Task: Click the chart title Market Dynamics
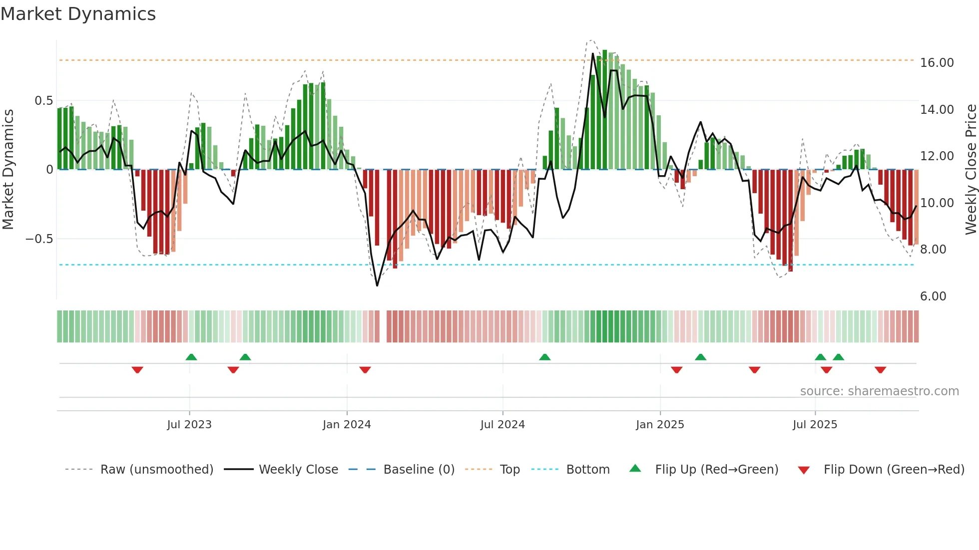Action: (x=78, y=14)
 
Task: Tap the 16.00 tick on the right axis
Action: (x=937, y=63)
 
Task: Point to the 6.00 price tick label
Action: (x=933, y=296)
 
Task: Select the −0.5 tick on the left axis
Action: (x=39, y=239)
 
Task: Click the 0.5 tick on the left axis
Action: (x=43, y=101)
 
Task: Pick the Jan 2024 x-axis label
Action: (x=347, y=425)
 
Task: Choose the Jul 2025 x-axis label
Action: (x=815, y=425)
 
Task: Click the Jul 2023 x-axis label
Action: (x=189, y=425)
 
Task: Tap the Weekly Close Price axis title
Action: (x=971, y=169)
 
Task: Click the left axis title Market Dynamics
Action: (x=8, y=169)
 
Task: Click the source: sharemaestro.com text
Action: (x=879, y=391)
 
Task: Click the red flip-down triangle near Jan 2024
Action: (x=365, y=370)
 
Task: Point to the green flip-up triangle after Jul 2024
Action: (x=545, y=357)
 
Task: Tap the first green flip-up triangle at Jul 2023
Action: (x=191, y=357)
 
